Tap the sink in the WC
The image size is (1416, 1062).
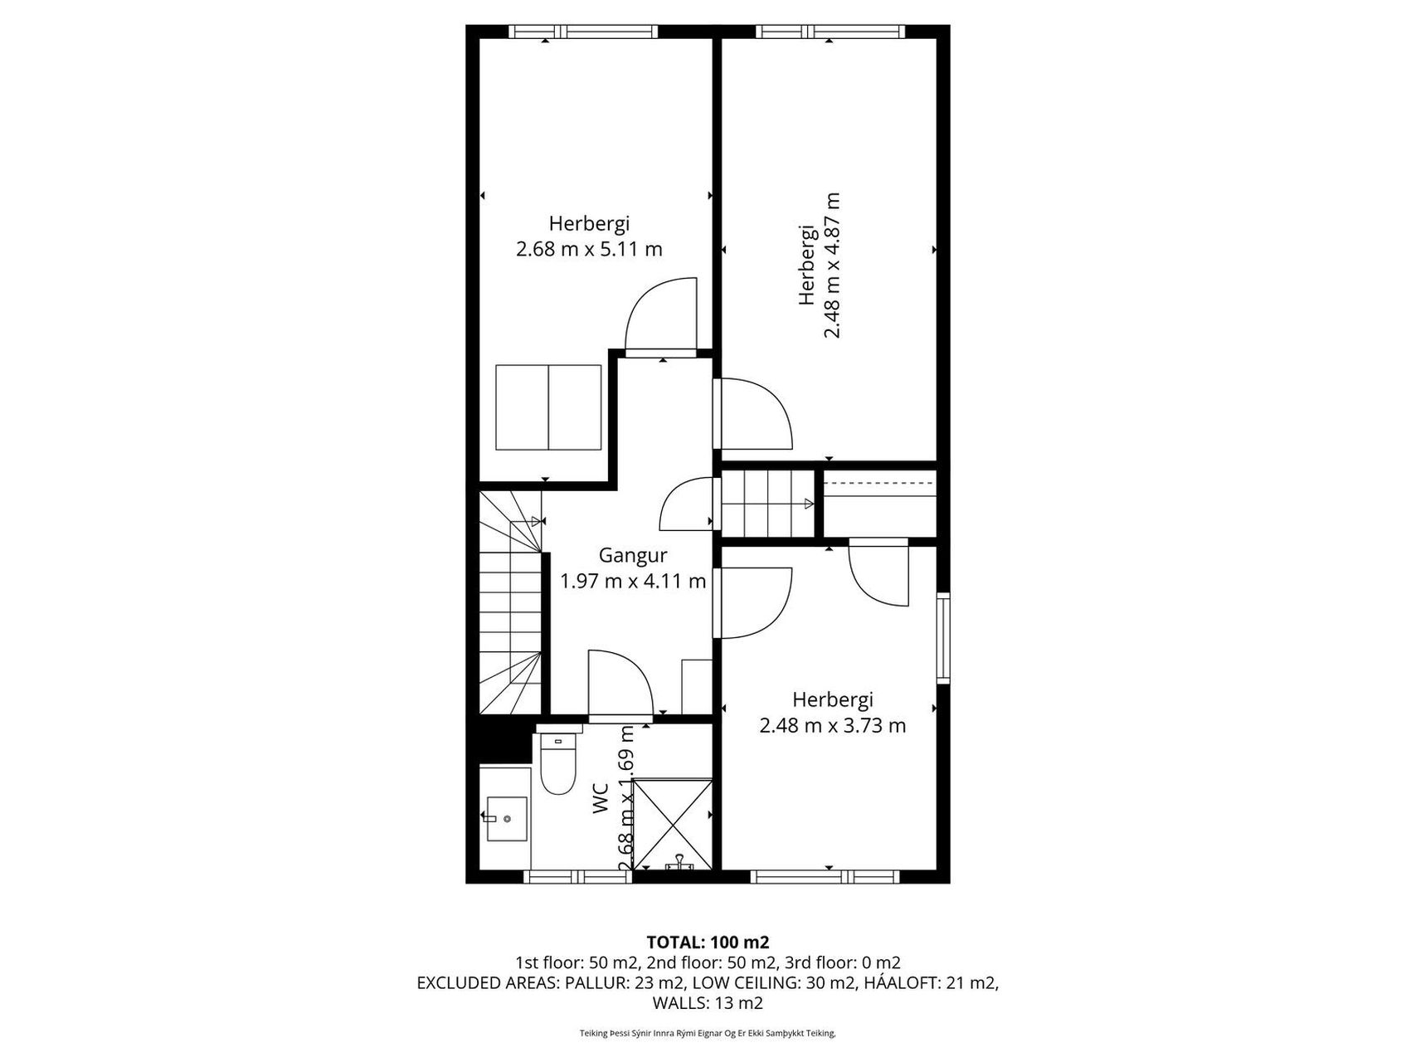coord(506,818)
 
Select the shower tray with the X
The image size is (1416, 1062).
coord(673,825)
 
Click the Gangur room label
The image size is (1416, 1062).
coord(634,555)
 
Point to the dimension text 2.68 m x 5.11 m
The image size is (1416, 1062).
coord(589,249)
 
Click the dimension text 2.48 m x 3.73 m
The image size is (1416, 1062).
coord(833,726)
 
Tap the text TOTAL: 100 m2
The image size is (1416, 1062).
coord(708,942)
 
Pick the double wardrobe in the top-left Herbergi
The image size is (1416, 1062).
coord(548,407)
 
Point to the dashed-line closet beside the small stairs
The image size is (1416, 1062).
coord(880,503)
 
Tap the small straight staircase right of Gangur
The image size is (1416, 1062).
coord(768,503)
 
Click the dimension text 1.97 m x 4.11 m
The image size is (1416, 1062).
coord(634,582)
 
